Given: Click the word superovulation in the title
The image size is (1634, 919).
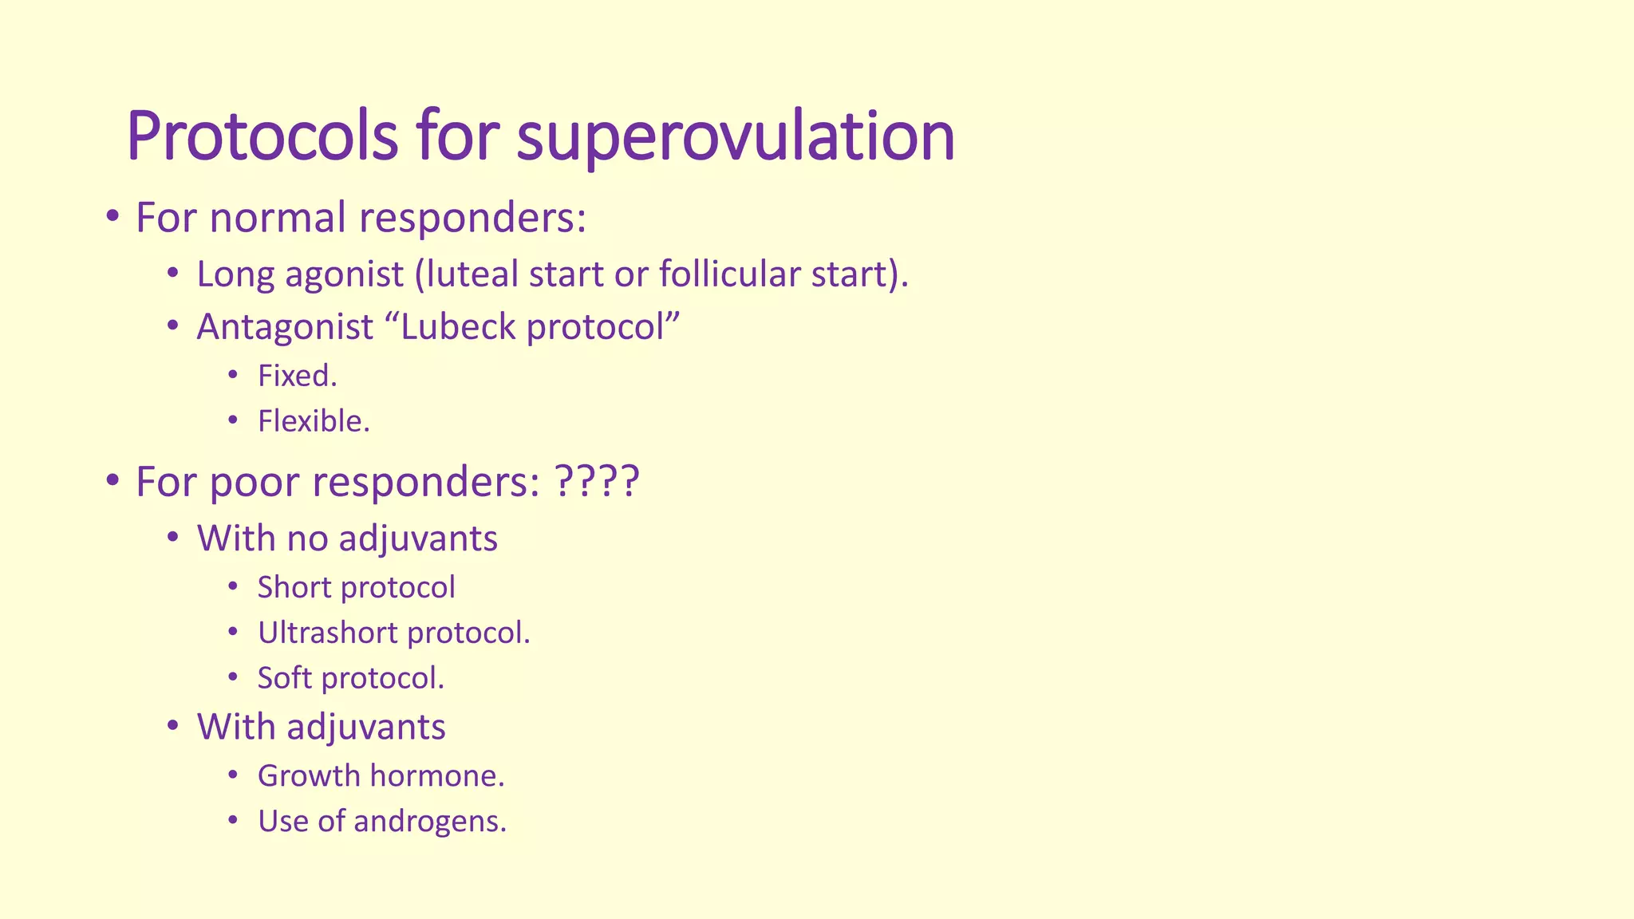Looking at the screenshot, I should [735, 137].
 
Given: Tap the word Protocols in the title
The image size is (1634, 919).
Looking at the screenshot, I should [262, 137].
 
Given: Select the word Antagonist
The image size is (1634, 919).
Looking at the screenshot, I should [285, 327].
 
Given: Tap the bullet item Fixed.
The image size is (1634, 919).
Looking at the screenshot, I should [297, 377].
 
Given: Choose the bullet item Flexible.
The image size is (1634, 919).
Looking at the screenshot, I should [314, 422].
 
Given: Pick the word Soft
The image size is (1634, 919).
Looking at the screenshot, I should [284, 679].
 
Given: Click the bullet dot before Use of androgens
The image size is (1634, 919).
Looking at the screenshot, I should [232, 820].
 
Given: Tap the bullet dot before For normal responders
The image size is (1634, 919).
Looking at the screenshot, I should [112, 216].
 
